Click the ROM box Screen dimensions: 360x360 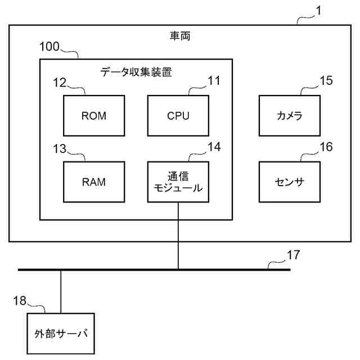click(94, 116)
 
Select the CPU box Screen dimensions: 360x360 click(178, 116)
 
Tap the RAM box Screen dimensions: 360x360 click(94, 182)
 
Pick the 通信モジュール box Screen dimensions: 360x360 click(178, 182)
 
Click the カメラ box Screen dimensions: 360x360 click(290, 116)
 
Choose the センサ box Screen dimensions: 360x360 click(290, 182)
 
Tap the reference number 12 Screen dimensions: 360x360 click(60, 82)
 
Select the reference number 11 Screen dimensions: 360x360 click(214, 80)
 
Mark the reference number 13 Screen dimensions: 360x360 click(60, 148)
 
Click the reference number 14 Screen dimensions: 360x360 click(214, 147)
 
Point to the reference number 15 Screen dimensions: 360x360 click(326, 80)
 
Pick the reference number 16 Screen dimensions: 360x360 click(326, 147)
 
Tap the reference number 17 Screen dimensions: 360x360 click(293, 255)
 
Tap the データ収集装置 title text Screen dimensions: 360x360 click(136, 71)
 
